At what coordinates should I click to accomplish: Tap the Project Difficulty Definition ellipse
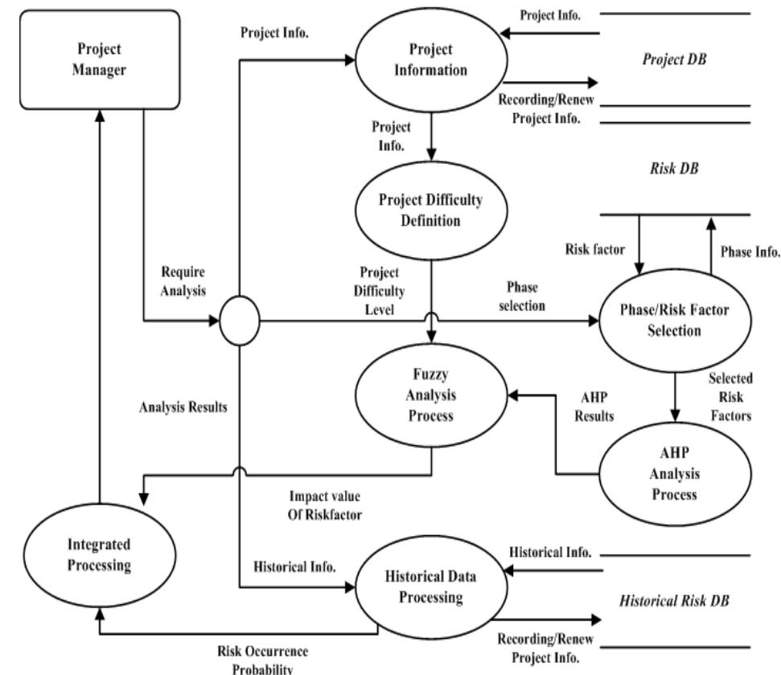(431, 211)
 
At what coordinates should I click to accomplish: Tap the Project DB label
(674, 59)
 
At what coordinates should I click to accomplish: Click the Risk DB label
(674, 170)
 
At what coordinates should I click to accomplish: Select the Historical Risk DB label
(674, 600)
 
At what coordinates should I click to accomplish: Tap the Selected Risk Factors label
(731, 396)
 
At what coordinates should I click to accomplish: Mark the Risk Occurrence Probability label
(263, 658)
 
